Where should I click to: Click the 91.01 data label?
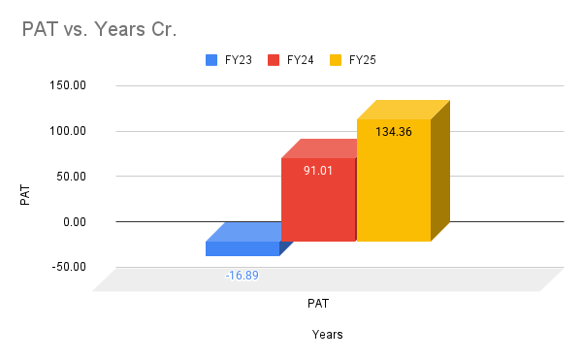318,171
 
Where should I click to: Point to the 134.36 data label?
394,132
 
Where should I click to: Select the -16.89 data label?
242,276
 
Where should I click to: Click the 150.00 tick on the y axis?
69,85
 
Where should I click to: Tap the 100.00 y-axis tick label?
69,131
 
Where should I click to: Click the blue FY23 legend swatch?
211,60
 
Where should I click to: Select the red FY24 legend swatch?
274,60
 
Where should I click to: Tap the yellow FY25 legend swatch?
337,60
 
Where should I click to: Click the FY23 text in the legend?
238,60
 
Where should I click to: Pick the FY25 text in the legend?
363,60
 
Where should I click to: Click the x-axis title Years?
328,335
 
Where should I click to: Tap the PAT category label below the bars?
318,304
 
